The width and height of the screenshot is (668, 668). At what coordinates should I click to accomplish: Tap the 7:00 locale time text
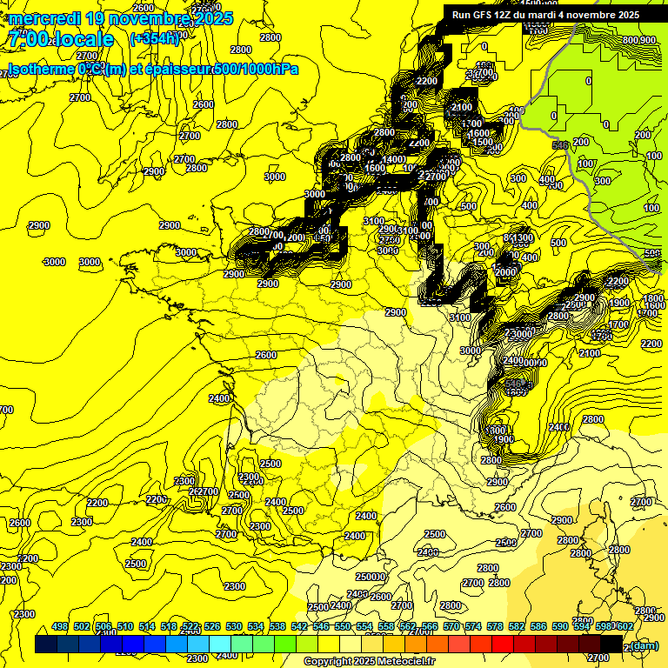point(62,39)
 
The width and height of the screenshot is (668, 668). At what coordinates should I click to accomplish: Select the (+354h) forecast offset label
point(154,38)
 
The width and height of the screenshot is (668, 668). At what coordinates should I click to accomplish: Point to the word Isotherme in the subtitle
point(40,70)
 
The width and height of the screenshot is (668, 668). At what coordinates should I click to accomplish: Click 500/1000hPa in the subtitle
point(255,70)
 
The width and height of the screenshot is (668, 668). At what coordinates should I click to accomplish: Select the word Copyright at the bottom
point(329,662)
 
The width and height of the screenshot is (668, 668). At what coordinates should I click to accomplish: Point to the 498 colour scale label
point(60,627)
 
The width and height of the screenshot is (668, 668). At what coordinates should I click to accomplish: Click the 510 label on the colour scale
point(125,627)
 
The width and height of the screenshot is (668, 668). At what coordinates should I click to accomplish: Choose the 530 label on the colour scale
point(234,627)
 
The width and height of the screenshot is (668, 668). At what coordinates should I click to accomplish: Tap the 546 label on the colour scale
point(321,627)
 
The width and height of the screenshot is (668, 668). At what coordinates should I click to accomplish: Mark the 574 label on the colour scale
point(473,627)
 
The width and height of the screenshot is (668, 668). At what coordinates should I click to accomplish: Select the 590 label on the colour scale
point(560,627)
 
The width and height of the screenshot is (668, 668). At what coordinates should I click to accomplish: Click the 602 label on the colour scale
point(625,627)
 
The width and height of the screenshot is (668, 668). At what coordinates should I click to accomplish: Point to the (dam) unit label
point(643,645)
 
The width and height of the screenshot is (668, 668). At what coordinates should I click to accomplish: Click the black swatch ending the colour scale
point(611,644)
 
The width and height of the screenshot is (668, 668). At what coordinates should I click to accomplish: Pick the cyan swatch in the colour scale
point(220,644)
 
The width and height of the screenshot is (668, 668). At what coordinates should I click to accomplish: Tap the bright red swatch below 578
point(503,644)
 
